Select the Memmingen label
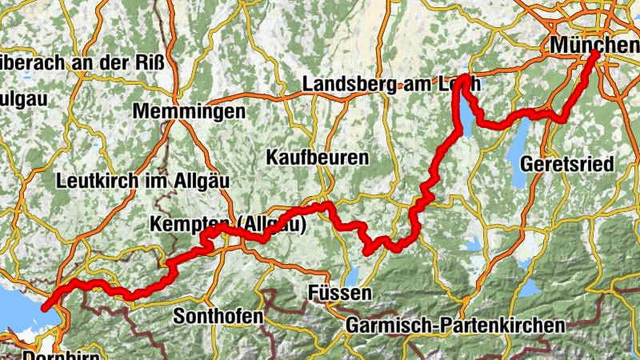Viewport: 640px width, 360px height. click(189, 112)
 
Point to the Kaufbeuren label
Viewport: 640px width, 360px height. click(318, 157)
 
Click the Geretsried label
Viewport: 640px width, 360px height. click(566, 165)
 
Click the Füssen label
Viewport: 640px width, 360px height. click(339, 294)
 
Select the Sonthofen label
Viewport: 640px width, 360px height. click(218, 317)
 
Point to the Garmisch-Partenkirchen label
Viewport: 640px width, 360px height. click(455, 326)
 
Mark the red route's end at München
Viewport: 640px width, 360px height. click(596, 54)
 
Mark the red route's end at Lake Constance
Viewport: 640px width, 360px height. click(46, 306)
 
